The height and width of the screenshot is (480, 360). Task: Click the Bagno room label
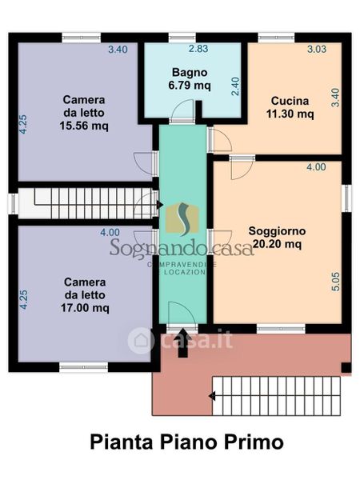190,73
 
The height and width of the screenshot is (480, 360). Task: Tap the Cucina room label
290,101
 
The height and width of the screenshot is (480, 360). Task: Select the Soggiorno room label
277,231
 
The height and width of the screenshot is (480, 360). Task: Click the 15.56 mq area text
84,126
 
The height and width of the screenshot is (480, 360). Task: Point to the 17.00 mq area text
85,308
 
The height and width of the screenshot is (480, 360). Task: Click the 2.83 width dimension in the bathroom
198,49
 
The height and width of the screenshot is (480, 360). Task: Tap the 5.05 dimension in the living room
336,282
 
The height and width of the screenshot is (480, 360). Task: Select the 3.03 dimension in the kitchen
317,49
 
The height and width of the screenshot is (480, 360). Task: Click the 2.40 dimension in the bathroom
235,86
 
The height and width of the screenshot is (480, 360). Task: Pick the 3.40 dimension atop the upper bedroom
118,50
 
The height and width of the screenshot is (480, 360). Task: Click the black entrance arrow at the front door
182,342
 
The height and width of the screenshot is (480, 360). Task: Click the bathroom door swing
182,111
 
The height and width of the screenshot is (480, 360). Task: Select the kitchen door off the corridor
219,140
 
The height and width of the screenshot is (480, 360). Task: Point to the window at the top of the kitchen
276,38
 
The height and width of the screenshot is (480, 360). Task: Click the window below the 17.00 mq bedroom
83,367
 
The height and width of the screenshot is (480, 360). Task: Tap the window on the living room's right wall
347,198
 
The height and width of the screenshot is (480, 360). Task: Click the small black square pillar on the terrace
346,367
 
